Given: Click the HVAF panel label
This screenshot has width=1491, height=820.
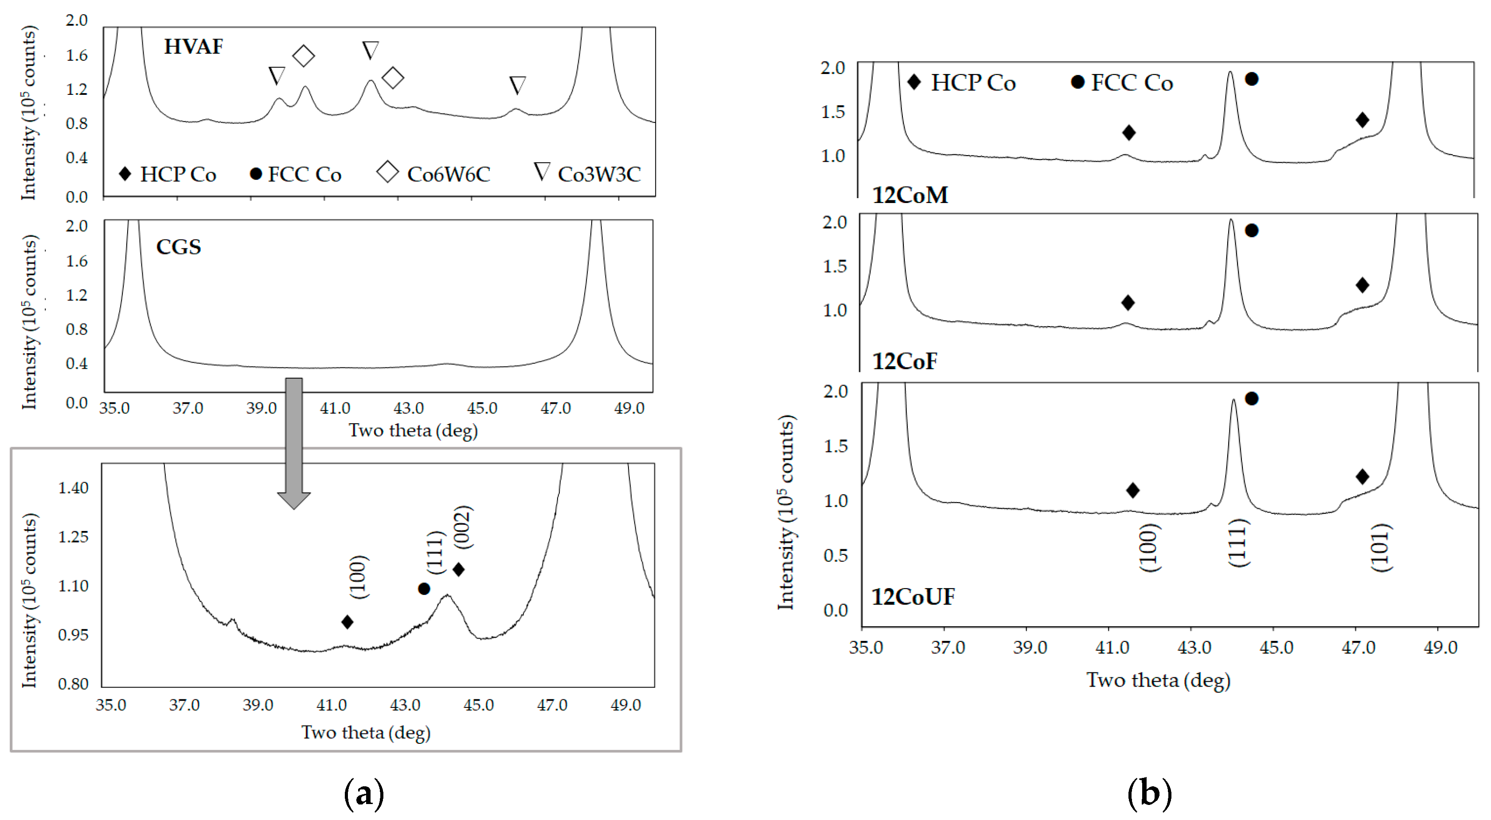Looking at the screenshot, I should [193, 46].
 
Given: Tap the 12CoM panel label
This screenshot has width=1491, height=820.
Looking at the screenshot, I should [910, 195].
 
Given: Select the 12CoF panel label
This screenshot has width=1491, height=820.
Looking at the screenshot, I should [904, 361].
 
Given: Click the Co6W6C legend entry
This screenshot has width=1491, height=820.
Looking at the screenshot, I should [434, 174].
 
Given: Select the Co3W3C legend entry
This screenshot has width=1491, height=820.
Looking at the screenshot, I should [587, 174].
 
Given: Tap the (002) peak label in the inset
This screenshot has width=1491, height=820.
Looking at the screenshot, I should [464, 527].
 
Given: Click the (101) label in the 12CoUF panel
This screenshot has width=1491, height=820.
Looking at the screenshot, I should [1381, 547].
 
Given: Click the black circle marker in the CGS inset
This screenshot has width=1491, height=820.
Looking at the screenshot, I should [424, 589].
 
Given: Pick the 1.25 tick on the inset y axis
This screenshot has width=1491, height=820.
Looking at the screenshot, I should [73, 536].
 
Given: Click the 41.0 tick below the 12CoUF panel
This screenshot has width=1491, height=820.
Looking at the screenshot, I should [1112, 647].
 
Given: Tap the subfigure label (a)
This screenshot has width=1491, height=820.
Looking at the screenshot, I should [363, 793].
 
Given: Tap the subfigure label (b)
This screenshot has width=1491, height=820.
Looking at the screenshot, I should [1149, 793].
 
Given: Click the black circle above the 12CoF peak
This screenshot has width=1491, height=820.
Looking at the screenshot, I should [1251, 230].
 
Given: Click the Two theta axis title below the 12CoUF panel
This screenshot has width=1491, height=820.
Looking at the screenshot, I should [1158, 680].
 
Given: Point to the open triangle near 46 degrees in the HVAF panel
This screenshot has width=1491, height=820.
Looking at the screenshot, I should [517, 85].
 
